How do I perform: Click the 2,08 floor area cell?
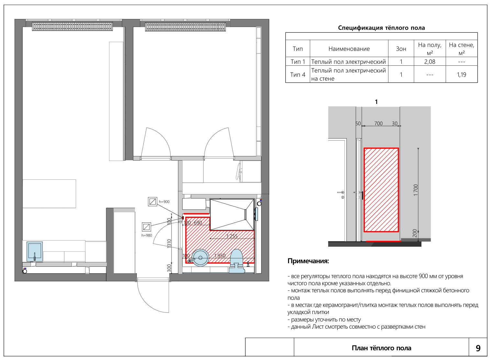(429, 62)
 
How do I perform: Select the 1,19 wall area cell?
(462, 75)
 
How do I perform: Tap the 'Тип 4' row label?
(297, 75)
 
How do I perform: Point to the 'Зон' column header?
(401, 49)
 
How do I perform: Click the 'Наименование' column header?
(349, 49)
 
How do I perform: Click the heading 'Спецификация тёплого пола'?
(381, 28)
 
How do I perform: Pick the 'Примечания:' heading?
(308, 261)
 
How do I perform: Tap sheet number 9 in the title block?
(478, 348)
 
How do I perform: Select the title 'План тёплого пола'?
(381, 348)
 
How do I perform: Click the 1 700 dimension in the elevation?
(416, 190)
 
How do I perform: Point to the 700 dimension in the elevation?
(378, 123)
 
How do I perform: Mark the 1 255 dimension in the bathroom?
(232, 236)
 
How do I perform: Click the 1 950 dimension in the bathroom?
(220, 256)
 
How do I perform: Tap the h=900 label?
(164, 202)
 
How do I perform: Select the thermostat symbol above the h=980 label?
(146, 227)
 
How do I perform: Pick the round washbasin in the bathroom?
(200, 258)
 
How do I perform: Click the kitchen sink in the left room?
(35, 252)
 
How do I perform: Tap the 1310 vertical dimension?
(169, 243)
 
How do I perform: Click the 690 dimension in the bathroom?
(198, 222)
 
